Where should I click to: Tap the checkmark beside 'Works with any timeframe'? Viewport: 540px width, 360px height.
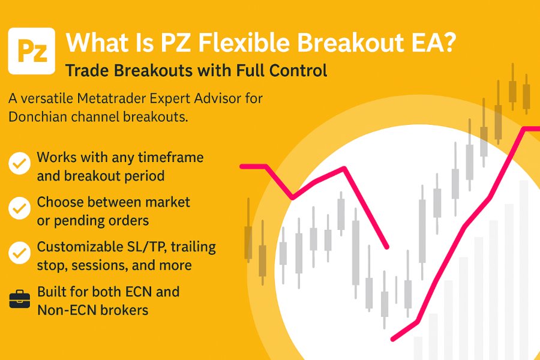(20, 163)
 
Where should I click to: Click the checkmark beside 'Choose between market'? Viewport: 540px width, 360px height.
(20, 208)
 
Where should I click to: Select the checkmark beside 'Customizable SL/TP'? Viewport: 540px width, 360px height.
(20, 253)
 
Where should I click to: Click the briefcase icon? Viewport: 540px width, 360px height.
(20, 299)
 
